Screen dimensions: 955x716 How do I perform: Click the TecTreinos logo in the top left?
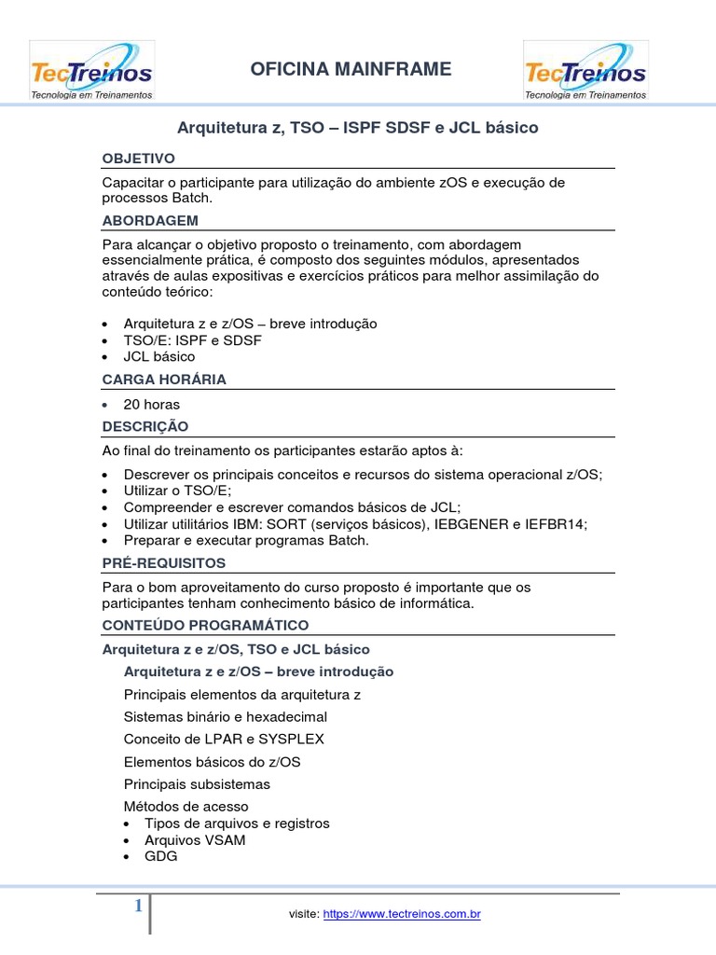tap(91, 71)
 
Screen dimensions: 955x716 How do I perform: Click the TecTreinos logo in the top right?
tap(585, 71)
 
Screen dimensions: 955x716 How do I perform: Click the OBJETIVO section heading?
tap(138, 159)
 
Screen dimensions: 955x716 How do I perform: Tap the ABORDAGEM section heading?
tap(150, 221)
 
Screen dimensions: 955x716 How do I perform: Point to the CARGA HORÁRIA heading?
tap(164, 380)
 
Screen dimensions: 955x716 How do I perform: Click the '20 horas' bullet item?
tap(152, 405)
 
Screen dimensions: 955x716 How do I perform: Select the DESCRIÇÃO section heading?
tap(145, 426)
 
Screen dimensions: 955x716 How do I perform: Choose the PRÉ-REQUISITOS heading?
tap(164, 563)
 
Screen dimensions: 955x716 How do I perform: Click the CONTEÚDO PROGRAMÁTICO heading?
tap(205, 625)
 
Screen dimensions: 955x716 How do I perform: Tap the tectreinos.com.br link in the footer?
tap(402, 915)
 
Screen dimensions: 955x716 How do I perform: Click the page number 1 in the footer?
tap(138, 906)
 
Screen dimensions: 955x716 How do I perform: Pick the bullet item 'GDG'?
tap(160, 856)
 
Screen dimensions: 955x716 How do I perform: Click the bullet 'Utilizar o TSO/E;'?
tap(177, 491)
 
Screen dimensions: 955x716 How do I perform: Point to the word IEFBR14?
tap(557, 524)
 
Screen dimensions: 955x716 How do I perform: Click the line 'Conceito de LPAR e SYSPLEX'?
tap(224, 740)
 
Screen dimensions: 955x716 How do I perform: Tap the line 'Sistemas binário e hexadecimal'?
tap(226, 717)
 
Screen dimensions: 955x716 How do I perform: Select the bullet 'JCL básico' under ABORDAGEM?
tap(159, 356)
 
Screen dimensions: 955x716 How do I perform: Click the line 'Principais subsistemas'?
tap(197, 784)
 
